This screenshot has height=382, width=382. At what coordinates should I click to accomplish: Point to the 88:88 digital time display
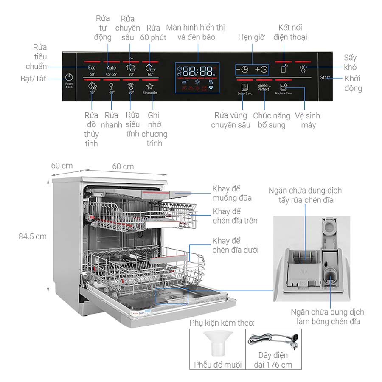pos(198,71)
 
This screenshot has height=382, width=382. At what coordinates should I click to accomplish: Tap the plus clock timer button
pos(261,70)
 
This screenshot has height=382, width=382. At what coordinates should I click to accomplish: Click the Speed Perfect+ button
pos(264,88)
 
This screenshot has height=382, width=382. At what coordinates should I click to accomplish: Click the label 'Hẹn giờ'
pos(251,37)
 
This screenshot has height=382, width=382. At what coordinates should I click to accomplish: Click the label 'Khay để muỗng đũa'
pos(232,193)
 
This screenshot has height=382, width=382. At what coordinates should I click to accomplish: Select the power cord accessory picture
pos(273,340)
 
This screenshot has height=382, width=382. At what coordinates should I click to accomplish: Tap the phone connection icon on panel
pos(284,69)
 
